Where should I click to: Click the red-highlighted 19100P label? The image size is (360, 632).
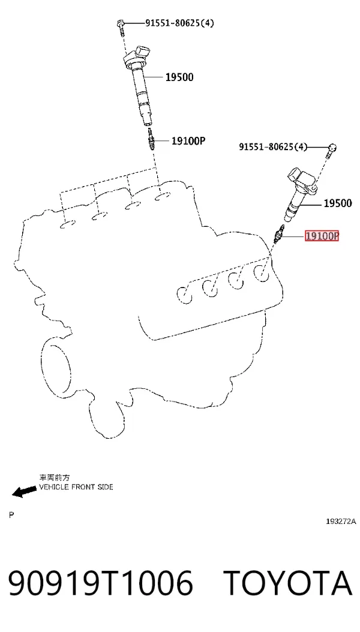pyautogui.click(x=322, y=236)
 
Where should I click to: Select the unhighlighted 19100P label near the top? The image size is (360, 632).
pyautogui.click(x=188, y=140)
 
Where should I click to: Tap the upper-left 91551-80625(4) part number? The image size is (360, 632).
pyautogui.click(x=180, y=23)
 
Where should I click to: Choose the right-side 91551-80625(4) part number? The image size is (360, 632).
pyautogui.click(x=273, y=146)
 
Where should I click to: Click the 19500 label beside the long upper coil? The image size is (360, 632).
pyautogui.click(x=179, y=77)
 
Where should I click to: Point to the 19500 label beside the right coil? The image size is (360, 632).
pyautogui.click(x=338, y=203)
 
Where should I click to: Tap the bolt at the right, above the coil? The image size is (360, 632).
pyautogui.click(x=332, y=150)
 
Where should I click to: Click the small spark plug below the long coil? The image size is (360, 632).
pyautogui.click(x=151, y=139)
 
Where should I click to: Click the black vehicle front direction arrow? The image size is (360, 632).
pyautogui.click(x=24, y=492)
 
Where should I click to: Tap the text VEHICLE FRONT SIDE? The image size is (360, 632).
pyautogui.click(x=76, y=487)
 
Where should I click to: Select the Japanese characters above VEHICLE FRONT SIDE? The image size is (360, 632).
pyautogui.click(x=55, y=478)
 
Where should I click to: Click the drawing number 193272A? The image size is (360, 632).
pyautogui.click(x=341, y=521)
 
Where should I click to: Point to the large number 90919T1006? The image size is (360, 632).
pyautogui.click(x=100, y=583)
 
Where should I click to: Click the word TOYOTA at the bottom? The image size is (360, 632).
pyautogui.click(x=288, y=583)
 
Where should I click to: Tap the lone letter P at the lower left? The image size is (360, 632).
pyautogui.click(x=11, y=515)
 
